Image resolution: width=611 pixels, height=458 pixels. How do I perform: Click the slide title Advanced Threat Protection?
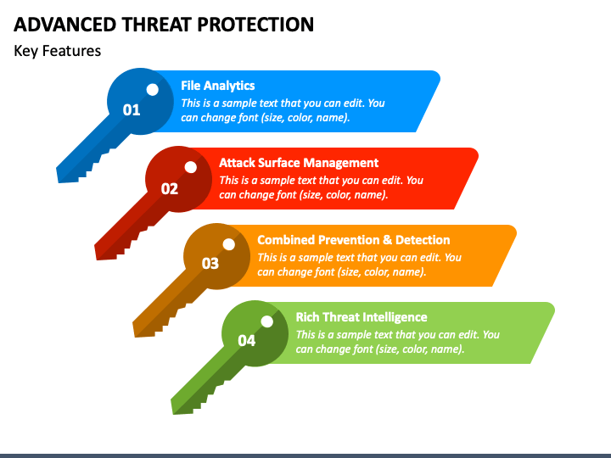click(164, 25)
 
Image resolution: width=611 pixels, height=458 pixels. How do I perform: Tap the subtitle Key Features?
click(58, 51)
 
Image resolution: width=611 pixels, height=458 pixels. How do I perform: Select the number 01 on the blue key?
click(132, 110)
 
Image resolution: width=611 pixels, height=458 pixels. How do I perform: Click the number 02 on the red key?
click(170, 189)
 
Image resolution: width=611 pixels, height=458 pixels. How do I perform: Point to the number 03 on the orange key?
click(210, 264)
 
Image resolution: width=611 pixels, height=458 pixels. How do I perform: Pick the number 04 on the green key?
click(247, 341)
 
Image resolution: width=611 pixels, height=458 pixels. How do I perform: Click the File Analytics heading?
click(218, 86)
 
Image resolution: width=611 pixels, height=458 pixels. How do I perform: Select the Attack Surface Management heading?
click(299, 163)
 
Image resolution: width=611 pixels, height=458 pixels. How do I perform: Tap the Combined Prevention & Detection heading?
click(354, 240)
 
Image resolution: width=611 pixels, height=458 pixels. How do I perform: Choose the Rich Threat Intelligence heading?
click(362, 317)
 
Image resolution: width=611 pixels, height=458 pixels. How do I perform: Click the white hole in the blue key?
click(153, 90)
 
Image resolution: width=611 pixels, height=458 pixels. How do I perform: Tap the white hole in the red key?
click(191, 167)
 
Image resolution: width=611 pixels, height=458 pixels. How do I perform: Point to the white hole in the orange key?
click(229, 244)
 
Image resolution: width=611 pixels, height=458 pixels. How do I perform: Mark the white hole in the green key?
click(267, 321)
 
